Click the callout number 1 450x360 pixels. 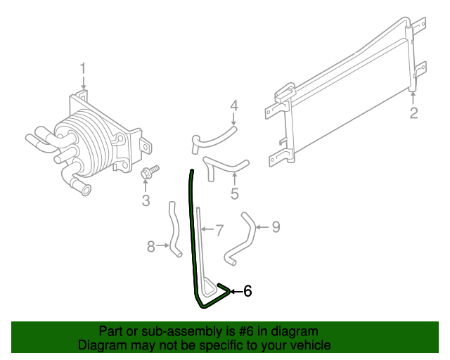pyautogui.click(x=83, y=69)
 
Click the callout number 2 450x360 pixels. pyautogui.click(x=413, y=113)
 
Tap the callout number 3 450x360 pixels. pyautogui.click(x=146, y=201)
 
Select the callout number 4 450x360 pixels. pyautogui.click(x=234, y=106)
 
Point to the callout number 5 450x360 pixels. pyautogui.click(x=235, y=193)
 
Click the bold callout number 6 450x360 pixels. pyautogui.click(x=247, y=291)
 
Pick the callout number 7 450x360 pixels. pyautogui.click(x=219, y=229)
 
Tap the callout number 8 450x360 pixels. pyautogui.click(x=150, y=246)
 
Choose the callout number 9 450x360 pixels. pyautogui.click(x=276, y=226)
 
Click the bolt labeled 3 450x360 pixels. pyautogui.click(x=150, y=172)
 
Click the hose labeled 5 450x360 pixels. pyautogui.click(x=224, y=168)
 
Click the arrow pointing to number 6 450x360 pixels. pyautogui.click(x=235, y=291)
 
